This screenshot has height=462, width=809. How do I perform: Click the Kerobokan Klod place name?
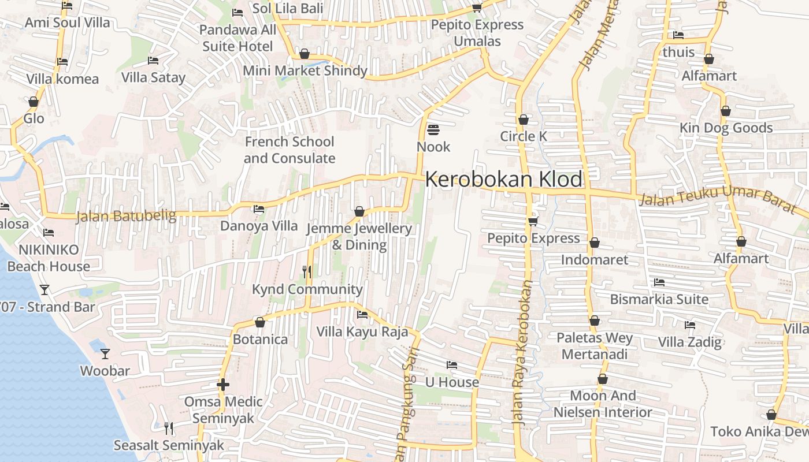(504, 180)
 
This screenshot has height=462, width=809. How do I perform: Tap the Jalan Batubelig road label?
(126, 216)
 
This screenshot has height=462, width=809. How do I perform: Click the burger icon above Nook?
(433, 129)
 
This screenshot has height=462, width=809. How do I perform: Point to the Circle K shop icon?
(524, 120)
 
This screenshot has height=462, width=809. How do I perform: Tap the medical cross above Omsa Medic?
(223, 384)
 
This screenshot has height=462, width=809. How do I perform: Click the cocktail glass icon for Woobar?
(105, 353)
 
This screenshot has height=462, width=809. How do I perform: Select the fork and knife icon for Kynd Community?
(307, 271)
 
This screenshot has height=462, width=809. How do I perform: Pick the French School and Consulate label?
(289, 150)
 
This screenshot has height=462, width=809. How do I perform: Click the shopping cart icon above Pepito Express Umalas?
(477, 7)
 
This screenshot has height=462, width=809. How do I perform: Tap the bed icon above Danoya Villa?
(259, 208)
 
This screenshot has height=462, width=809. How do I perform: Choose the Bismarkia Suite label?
(659, 299)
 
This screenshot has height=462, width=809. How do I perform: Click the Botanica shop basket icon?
(260, 322)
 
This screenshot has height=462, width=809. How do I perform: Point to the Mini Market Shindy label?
(305, 70)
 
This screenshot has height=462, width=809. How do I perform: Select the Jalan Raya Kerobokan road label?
(522, 352)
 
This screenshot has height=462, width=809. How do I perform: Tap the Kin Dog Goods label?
(726, 128)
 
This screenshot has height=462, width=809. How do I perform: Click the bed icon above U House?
(452, 365)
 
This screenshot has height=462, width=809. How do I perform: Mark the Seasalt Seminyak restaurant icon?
(169, 428)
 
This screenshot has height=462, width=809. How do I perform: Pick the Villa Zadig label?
(690, 341)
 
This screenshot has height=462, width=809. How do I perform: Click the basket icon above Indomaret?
(595, 243)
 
